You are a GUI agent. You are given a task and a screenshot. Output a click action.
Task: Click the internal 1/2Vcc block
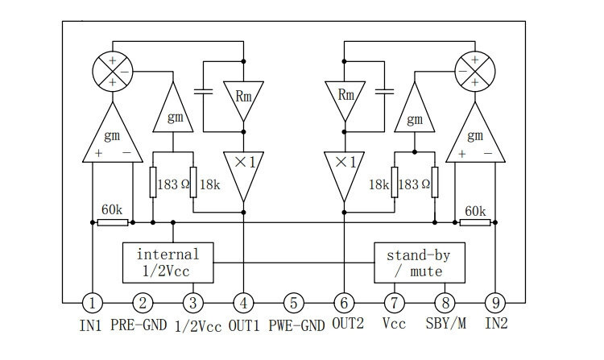(x=168, y=263)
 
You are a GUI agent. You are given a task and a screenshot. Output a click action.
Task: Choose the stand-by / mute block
(x=420, y=263)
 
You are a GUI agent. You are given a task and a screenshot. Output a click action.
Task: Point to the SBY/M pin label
(x=445, y=323)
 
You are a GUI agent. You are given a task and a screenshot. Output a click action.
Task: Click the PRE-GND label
(x=139, y=325)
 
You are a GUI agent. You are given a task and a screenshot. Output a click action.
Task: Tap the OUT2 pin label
(x=348, y=323)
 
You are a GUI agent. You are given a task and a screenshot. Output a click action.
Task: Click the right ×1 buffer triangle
(x=345, y=176)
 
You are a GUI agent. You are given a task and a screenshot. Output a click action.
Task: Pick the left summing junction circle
(x=113, y=71)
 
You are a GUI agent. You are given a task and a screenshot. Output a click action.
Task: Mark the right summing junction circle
(x=475, y=71)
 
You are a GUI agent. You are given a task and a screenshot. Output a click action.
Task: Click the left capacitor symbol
(x=204, y=92)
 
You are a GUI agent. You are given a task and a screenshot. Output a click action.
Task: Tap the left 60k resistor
(x=113, y=222)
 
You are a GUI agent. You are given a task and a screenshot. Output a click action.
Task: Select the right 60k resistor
(x=475, y=222)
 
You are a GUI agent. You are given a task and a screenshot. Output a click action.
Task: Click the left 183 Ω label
(x=174, y=184)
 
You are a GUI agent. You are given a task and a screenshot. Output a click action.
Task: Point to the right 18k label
(x=379, y=184)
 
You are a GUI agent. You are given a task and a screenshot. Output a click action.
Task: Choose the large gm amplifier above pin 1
(x=113, y=132)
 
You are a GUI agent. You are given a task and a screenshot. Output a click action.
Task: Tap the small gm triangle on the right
(x=415, y=107)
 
